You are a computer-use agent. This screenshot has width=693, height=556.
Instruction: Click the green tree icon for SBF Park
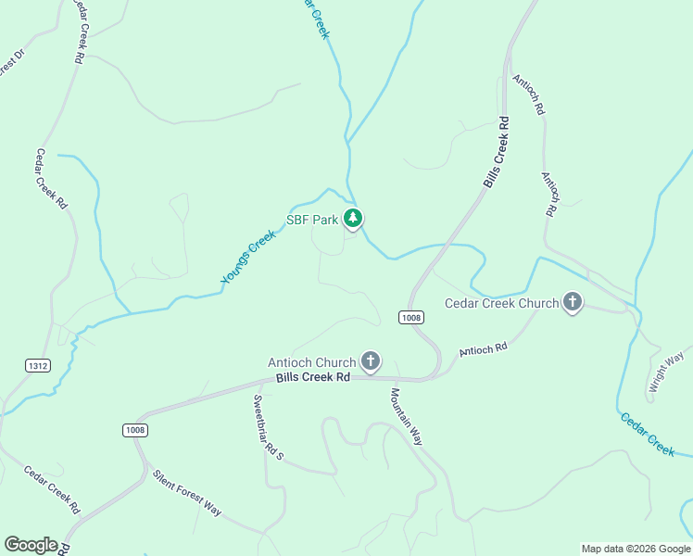pos(352,219)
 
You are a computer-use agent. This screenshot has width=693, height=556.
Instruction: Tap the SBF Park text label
pos(312,221)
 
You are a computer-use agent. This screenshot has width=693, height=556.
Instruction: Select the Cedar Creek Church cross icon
pos(573,302)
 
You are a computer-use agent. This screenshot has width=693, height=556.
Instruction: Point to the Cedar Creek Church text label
pos(501,303)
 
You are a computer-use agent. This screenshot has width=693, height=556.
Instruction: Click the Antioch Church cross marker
pos(371,361)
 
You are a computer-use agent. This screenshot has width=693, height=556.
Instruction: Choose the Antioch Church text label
pos(311,362)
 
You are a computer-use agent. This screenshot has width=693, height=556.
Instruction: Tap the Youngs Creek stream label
pos(248,258)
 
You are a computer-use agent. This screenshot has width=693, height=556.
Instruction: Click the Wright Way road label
pos(666,371)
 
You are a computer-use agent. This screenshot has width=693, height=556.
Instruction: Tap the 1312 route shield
pos(37,366)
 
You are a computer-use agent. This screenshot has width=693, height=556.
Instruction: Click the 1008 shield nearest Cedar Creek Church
pos(412,318)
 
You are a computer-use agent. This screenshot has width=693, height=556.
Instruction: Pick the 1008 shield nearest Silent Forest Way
pos(134,430)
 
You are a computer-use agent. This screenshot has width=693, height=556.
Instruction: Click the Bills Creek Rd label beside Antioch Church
pos(312,377)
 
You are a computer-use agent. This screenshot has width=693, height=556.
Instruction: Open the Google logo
pos(31,545)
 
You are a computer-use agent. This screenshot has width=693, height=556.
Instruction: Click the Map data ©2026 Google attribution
pos(636,549)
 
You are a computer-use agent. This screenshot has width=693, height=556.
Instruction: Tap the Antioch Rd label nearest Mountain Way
pos(483,349)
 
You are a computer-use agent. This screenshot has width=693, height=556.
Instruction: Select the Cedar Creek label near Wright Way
pos(648,433)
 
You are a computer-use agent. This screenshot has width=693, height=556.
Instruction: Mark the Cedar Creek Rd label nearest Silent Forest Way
pos(52,489)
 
